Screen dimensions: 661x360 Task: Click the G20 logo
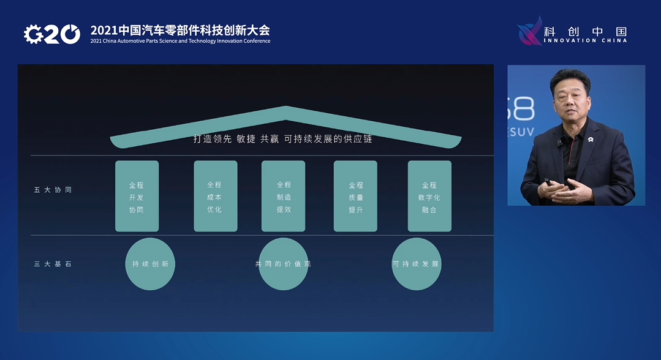click(x=52, y=34)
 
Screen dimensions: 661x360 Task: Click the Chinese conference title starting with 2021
click(x=180, y=31)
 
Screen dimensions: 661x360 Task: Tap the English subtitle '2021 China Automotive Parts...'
click(x=180, y=41)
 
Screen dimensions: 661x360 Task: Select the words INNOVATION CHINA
click(x=585, y=40)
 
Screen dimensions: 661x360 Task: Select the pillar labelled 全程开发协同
click(x=137, y=196)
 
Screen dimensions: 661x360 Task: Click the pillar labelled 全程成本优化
click(x=216, y=196)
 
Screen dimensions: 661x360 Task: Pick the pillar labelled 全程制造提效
click(x=283, y=196)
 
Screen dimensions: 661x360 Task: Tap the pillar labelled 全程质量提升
click(x=355, y=196)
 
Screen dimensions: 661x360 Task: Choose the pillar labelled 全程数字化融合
click(x=429, y=196)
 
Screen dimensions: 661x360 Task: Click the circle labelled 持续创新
click(x=150, y=264)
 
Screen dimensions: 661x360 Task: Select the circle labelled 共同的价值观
click(x=283, y=264)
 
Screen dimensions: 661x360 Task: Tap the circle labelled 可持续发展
click(x=417, y=264)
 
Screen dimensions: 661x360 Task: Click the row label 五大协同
click(x=53, y=190)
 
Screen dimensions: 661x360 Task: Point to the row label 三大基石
click(x=53, y=264)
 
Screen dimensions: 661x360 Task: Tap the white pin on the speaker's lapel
click(x=591, y=139)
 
